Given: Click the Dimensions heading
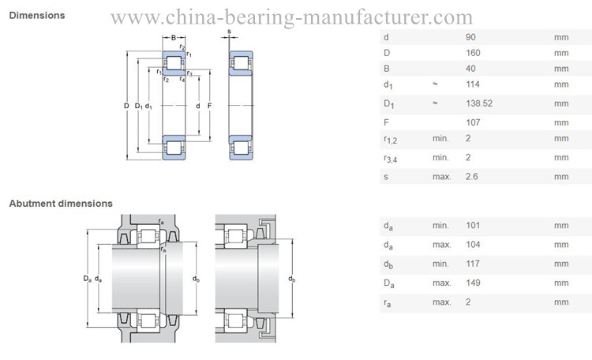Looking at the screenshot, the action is [x=37, y=16].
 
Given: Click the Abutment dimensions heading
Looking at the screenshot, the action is [x=61, y=203].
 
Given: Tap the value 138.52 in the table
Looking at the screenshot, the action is [x=479, y=103].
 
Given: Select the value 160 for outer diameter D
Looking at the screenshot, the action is [x=473, y=53].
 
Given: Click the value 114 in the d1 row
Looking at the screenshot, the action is [x=473, y=84].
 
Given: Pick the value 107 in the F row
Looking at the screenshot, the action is [x=473, y=122].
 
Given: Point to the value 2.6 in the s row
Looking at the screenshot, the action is [x=472, y=176].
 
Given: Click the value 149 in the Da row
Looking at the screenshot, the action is [x=473, y=283].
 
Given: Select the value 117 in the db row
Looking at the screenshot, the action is [x=473, y=264].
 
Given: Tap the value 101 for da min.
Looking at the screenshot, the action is [x=473, y=226].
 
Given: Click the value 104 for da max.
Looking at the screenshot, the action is [x=473, y=245].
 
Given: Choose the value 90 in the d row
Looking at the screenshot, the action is [x=470, y=37].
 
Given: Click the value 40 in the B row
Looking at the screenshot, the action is [x=470, y=69].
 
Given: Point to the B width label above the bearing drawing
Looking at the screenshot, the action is [x=174, y=37].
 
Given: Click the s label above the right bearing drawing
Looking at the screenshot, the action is [x=229, y=32].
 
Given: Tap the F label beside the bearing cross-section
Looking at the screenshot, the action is [x=209, y=106].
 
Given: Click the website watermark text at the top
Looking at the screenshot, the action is [x=291, y=17].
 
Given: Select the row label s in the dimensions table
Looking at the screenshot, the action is [x=386, y=177].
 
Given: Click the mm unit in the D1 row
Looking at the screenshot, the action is [x=561, y=103].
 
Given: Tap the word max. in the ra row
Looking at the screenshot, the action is [x=442, y=302].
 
